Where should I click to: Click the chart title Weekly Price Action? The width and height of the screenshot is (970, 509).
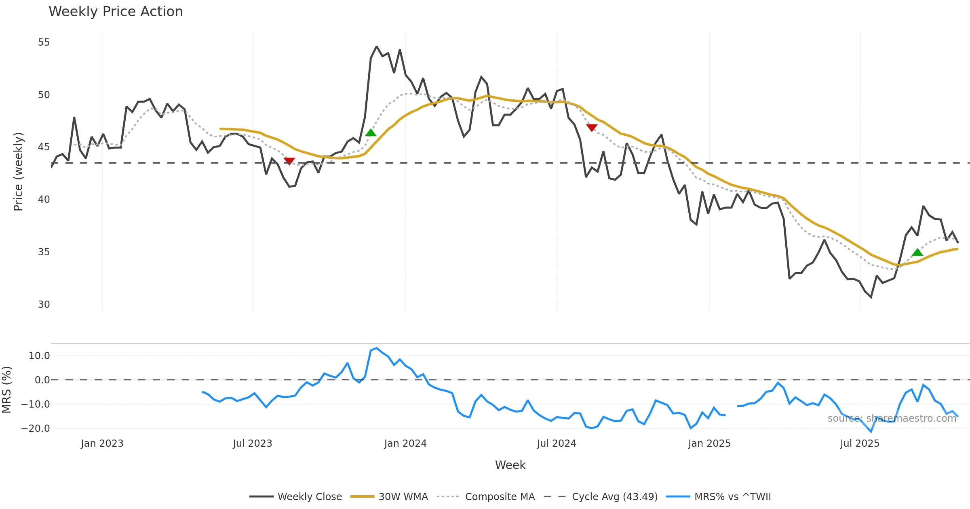pos(116,12)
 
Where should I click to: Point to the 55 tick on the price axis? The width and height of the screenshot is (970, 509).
pos(44,42)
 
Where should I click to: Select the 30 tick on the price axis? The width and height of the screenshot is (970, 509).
pos(44,304)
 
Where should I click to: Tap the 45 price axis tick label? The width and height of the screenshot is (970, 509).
pos(44,147)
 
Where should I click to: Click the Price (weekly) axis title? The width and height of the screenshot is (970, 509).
pos(19,172)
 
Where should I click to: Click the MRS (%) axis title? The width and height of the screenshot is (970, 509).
pos(7,390)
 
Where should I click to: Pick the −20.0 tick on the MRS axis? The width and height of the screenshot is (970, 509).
pos(36,429)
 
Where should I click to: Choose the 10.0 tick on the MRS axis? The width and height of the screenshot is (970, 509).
pos(39,356)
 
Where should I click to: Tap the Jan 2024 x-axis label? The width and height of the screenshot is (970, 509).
pos(405,444)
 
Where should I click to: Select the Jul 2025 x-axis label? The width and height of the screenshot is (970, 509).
pos(860,444)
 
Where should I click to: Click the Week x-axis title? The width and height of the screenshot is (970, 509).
pos(510,465)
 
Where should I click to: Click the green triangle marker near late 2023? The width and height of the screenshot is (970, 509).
pos(371,133)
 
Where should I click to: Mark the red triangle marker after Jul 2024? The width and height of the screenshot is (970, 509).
pos(592,128)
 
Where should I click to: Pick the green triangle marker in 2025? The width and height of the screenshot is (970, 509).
pos(917,252)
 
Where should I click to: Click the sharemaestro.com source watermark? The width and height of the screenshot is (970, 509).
pos(892,419)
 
